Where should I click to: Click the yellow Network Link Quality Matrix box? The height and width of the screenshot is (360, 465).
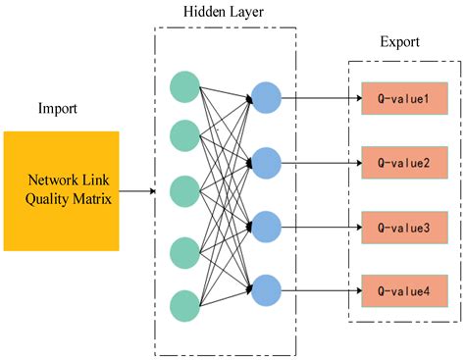[61, 191]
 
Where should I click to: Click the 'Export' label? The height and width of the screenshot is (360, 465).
[400, 44]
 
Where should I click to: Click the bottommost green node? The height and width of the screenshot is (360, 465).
[184, 305]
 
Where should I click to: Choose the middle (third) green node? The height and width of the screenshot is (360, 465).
[184, 191]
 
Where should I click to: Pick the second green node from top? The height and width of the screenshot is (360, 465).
[184, 134]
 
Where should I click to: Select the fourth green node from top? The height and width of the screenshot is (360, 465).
[184, 252]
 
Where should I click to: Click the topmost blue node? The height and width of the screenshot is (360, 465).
[266, 97]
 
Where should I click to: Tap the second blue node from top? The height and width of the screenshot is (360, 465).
[266, 160]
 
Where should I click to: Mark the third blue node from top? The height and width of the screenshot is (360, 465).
[266, 226]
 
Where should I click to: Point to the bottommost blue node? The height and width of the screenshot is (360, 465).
[266, 289]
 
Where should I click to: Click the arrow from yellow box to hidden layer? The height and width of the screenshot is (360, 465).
[136, 191]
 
